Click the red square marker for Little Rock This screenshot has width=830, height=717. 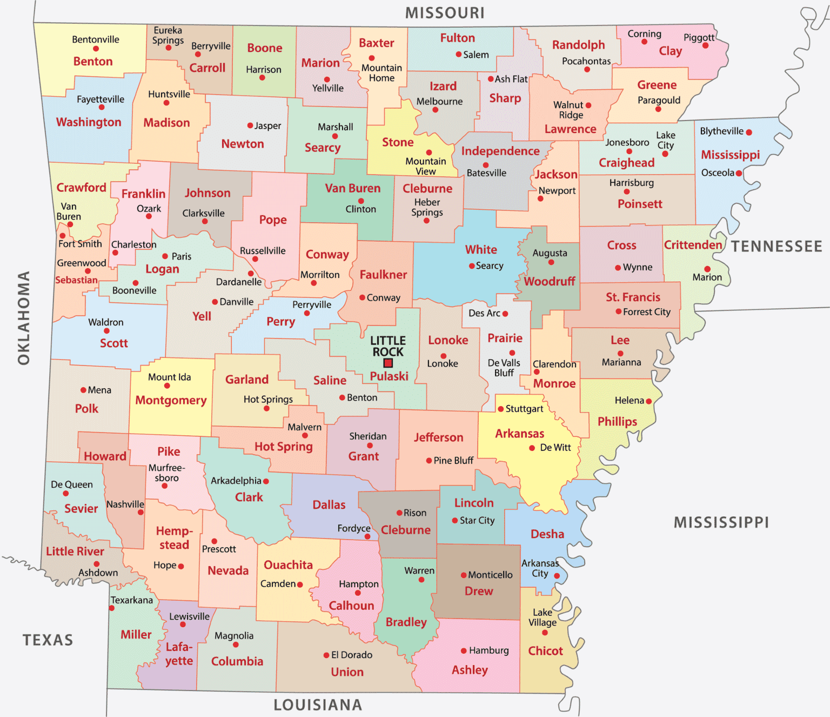tap(388, 363)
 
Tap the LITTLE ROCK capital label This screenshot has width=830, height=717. tap(388, 346)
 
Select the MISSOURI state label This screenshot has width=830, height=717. tap(445, 12)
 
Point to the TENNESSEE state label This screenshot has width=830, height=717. tap(777, 247)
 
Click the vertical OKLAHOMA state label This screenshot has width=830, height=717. tap(24, 318)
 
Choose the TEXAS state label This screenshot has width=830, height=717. tap(48, 640)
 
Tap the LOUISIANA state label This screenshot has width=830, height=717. tap(318, 705)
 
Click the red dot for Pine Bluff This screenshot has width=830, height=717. tap(429, 461)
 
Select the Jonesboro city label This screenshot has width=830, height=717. tap(627, 142)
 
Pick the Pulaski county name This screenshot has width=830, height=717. tap(389, 376)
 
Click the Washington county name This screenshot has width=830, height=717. tap(89, 122)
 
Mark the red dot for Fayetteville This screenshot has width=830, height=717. tap(102, 108)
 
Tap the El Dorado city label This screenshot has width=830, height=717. tap(352, 655)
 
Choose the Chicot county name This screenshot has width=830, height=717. tap(545, 651)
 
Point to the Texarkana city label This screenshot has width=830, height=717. tap(132, 600)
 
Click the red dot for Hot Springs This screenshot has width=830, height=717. tap(266, 409)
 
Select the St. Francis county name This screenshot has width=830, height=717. tap(633, 297)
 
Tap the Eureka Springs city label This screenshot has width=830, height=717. tap(168, 35)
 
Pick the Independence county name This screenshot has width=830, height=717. tap(500, 151)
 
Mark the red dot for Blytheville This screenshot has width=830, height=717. tap(749, 132)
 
